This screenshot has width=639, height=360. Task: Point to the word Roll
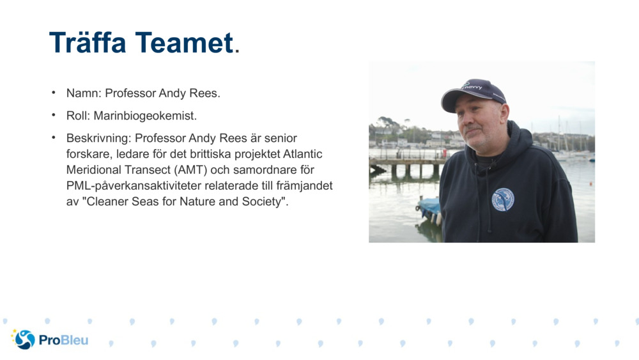[78, 116]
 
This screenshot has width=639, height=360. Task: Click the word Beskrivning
[97, 138]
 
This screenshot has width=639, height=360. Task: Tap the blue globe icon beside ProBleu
[25, 340]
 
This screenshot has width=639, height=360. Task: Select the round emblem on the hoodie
[502, 200]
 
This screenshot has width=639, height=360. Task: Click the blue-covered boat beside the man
[428, 208]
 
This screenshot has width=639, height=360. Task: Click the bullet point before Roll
[54, 116]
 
